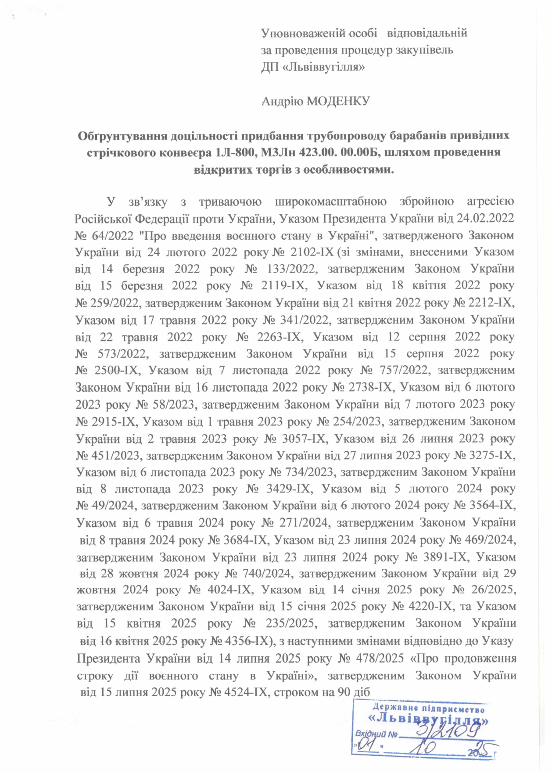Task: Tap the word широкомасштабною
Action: click(x=330, y=202)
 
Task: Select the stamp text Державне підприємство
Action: click(x=428, y=708)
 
